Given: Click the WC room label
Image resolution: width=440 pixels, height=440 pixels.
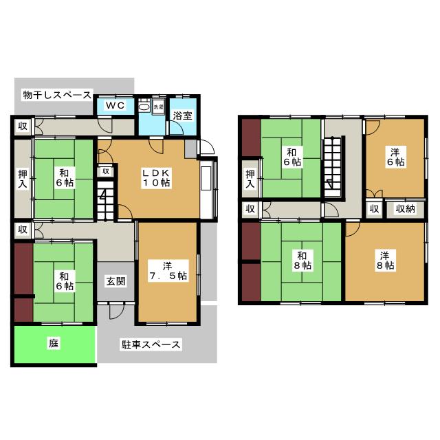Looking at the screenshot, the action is pos(115,105).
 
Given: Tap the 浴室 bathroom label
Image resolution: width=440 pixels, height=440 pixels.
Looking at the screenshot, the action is pos(183,115).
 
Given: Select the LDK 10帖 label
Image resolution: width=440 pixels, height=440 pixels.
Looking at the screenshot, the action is pos(157,178).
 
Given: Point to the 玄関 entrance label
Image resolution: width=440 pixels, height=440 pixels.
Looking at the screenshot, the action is pos(115,281).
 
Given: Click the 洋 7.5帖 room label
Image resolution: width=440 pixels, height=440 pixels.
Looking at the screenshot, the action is pos(168,271).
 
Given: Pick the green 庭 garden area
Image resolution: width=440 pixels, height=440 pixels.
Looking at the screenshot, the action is pos(54,344).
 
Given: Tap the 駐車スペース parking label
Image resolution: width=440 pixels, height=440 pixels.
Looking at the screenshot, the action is pos(151,344).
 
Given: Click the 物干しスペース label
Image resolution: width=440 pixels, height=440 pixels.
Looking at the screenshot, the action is pos(57,95).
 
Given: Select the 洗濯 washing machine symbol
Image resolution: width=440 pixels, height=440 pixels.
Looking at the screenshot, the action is pos(159,107).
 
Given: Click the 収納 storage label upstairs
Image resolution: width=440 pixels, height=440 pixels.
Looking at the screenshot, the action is pos(405,209).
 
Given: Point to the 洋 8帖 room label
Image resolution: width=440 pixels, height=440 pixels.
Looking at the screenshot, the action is pos(385,261).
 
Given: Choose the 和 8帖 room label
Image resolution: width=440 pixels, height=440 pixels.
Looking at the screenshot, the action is pos(302,261).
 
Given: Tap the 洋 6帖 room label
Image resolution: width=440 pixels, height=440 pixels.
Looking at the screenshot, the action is pos(395,157).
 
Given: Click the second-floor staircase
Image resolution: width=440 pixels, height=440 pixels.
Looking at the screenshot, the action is pos(333,167).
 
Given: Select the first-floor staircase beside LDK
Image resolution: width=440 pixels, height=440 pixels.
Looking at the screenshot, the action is pos(105,200).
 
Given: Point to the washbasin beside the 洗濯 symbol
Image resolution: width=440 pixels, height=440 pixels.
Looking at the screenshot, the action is pos(144,107).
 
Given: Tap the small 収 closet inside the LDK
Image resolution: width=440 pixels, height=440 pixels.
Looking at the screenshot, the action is pos(106,171).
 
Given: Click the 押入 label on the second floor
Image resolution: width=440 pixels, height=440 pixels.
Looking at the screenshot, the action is pos(250,179).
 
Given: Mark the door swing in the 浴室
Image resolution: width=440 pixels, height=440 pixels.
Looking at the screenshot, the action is pos(176,128).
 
